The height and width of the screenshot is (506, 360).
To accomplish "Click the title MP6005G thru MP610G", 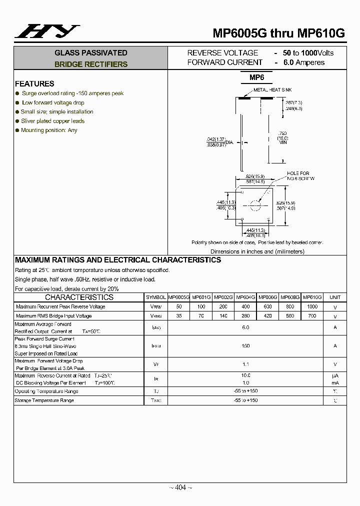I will coord(278,33).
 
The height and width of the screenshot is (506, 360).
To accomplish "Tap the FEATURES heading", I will coord(34,84).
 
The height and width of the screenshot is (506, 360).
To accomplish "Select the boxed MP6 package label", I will coord(256,77).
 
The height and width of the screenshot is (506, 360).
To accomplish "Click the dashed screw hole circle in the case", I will coord(255,205).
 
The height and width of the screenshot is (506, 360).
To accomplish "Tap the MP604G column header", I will coord(245,297).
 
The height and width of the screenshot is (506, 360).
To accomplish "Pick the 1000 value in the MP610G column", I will coord(312,306).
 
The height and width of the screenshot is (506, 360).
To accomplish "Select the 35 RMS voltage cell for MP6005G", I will coord(178,316).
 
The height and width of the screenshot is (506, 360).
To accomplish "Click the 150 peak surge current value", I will coord(245,345).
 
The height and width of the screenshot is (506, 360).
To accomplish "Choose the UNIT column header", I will coord(335,297).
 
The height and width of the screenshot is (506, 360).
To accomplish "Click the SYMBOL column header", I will coord(156,297).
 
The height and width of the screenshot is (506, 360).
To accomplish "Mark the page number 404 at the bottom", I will coord(180,487).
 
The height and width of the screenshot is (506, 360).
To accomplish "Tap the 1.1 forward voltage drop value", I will coord(245,364).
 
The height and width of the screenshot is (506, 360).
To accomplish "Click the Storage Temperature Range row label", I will coord(44,400).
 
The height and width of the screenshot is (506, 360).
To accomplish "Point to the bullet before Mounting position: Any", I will coord(17,130).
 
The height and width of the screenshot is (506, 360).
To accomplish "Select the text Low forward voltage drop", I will coord(53,102).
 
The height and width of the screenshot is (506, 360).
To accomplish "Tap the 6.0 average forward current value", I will coord(245,327).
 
